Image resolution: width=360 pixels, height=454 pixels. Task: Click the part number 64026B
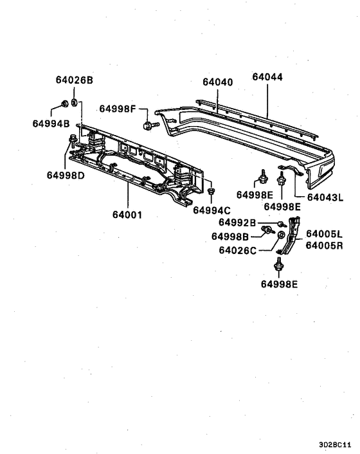tap(74, 80)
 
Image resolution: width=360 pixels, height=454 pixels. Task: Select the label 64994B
tap(51, 122)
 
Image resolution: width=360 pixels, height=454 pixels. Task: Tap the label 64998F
tap(118, 109)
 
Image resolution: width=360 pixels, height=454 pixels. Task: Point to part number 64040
tap(218, 82)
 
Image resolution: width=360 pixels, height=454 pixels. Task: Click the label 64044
tap(267, 77)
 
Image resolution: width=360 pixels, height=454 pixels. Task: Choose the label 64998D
tap(66, 175)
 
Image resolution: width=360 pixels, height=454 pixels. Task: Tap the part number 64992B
tap(237, 222)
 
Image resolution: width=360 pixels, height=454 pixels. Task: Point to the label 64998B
tap(230, 236)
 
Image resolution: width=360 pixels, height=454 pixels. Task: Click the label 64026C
tap(237, 250)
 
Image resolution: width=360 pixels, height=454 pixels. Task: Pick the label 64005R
tap(324, 246)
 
